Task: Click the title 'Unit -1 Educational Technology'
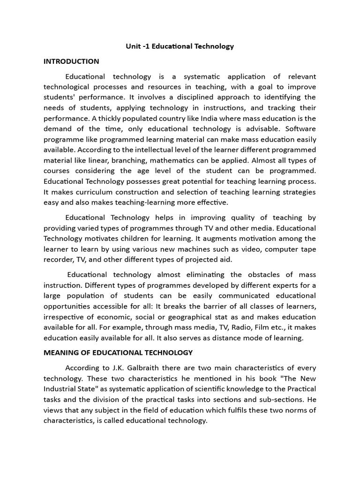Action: click(180, 46)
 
